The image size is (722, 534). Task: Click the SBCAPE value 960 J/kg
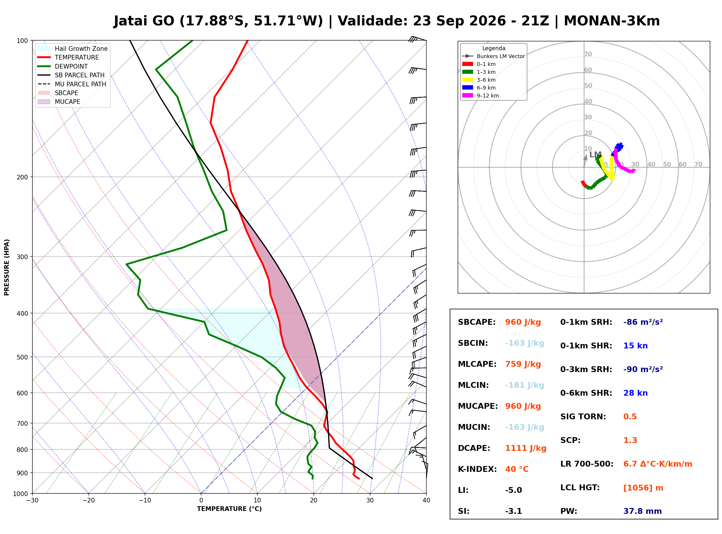coord(523,322)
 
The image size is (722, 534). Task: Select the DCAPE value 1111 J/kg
coord(526,448)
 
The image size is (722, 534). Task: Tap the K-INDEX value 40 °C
coord(517,469)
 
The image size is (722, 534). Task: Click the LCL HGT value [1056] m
coord(643,488)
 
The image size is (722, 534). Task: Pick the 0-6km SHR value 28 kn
coord(635,393)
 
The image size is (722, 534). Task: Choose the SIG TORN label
coord(583,417)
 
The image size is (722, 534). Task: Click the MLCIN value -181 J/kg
coord(524,385)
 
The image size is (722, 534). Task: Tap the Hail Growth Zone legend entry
coord(73,48)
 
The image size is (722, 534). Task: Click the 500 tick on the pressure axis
coord(23,357)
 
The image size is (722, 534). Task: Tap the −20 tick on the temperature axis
coord(88,500)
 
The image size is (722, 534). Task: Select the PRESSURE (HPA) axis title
coord(7,267)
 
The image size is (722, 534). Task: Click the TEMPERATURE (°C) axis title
coord(229,509)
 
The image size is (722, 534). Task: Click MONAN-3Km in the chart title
coord(611,21)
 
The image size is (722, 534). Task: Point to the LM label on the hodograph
coord(595,155)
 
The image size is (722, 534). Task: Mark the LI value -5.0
coord(514,490)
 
